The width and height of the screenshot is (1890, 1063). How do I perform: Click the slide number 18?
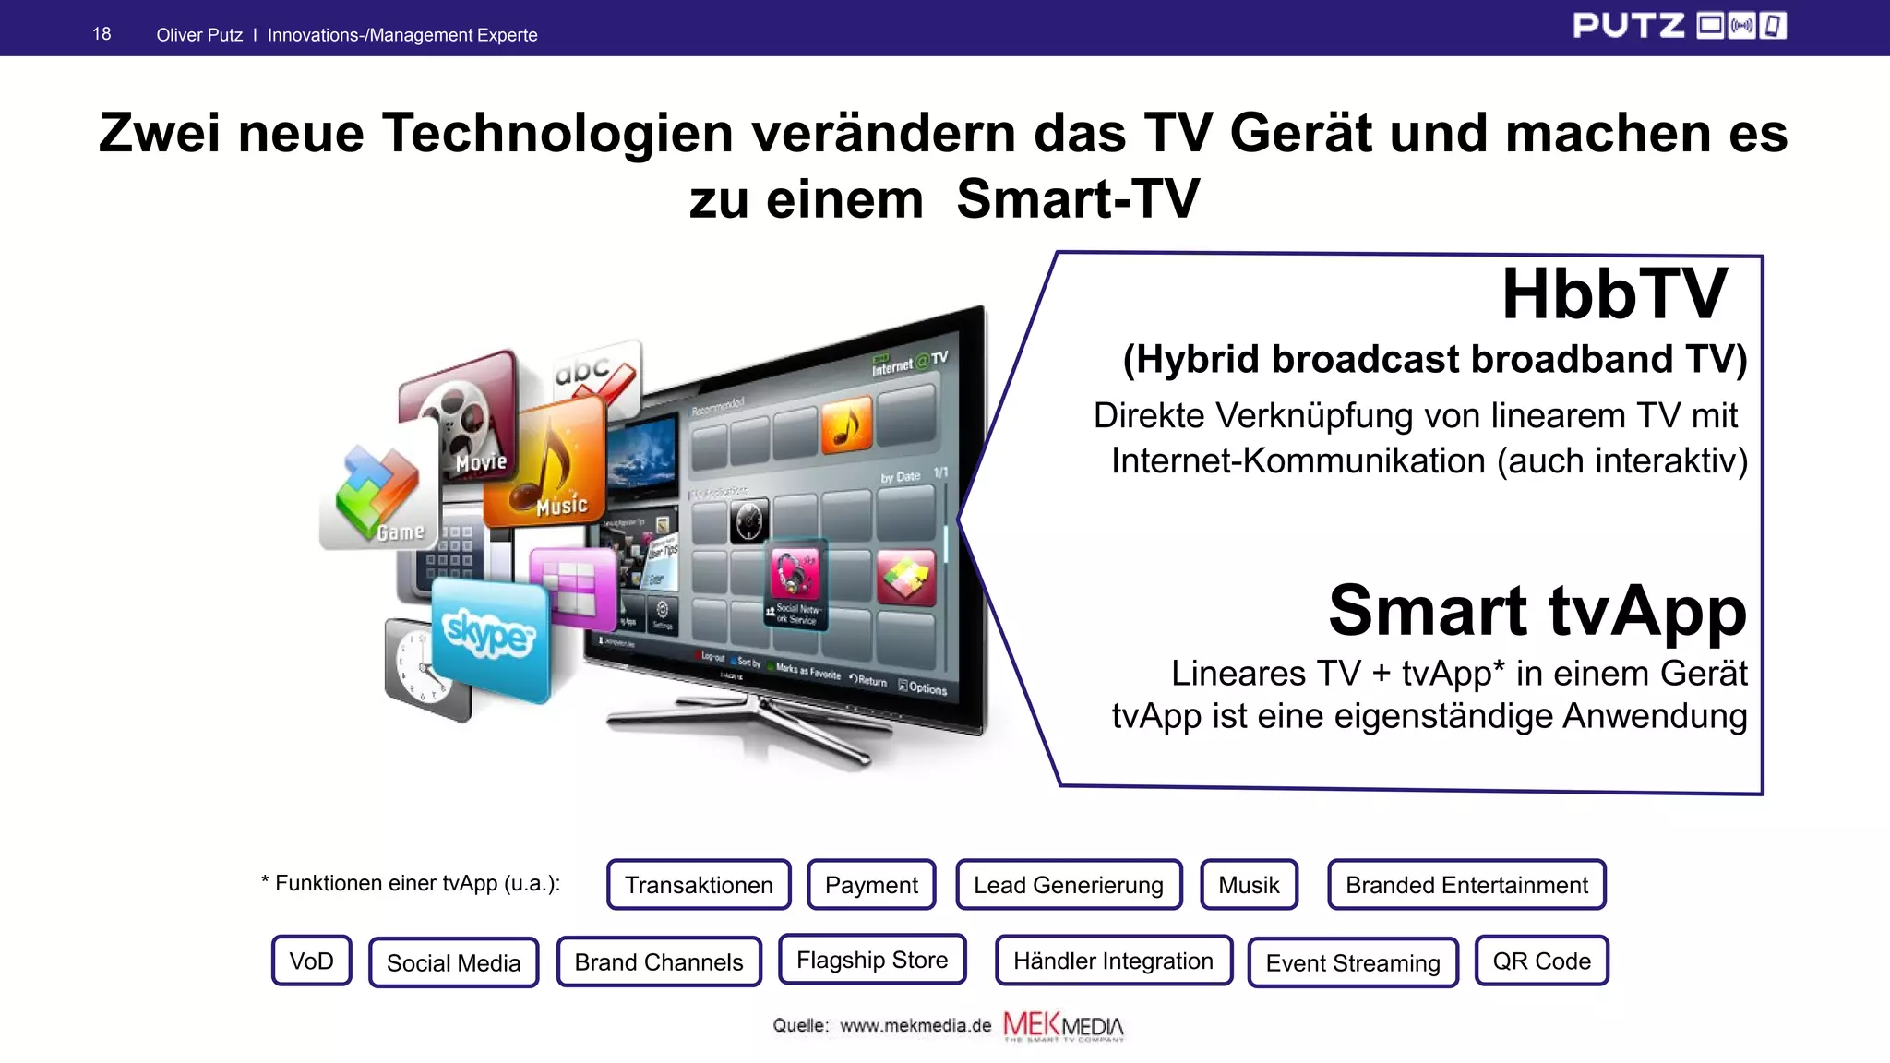pyautogui.click(x=102, y=34)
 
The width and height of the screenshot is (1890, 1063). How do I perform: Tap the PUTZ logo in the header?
pyautogui.click(x=1679, y=26)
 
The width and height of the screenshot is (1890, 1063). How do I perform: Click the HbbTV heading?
pyautogui.click(x=1614, y=294)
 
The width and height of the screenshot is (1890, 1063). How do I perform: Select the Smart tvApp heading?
pyautogui.click(x=1537, y=611)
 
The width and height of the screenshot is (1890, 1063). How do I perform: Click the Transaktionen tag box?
pyautogui.click(x=699, y=885)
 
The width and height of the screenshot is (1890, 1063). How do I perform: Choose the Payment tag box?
pyautogui.click(x=871, y=885)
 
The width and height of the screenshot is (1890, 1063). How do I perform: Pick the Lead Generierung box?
pyautogui.click(x=1069, y=885)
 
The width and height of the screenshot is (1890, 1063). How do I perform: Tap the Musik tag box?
pyautogui.click(x=1249, y=885)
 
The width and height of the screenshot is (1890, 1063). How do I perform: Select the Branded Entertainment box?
pyautogui.click(x=1466, y=885)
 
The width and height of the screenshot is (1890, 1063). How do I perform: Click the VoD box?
pyautogui.click(x=312, y=961)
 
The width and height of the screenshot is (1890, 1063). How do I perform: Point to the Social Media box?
pyautogui.click(x=453, y=962)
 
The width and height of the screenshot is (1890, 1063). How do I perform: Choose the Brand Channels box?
pyautogui.click(x=659, y=961)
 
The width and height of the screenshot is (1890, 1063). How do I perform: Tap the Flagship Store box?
pyautogui.click(x=872, y=960)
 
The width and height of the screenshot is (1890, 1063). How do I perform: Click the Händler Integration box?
pyautogui.click(x=1113, y=961)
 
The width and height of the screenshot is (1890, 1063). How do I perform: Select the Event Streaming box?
pyautogui.click(x=1353, y=962)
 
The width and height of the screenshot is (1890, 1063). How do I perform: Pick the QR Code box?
pyautogui.click(x=1541, y=961)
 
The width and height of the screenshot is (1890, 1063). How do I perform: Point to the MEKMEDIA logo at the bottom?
pyautogui.click(x=1063, y=1026)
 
